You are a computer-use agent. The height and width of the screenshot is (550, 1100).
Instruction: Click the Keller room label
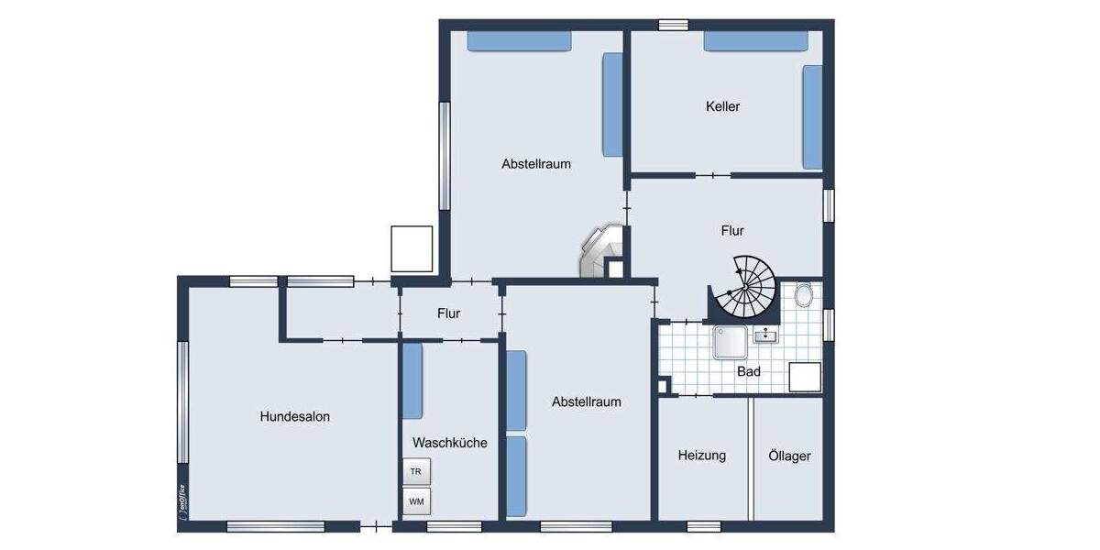point(722,106)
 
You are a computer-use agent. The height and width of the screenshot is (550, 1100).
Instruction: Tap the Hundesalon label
point(294,416)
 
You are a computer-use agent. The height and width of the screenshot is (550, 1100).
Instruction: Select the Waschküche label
point(449,443)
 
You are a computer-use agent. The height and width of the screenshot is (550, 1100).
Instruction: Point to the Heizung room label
point(701,455)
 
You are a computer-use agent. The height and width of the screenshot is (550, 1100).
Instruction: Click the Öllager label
point(789,456)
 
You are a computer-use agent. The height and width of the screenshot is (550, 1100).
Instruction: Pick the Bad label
point(749,372)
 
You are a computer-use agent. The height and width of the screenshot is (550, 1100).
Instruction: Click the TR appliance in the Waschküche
point(416,472)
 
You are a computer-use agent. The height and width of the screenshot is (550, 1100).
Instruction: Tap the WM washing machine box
point(416,501)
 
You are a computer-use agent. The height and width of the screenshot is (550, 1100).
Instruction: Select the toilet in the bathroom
point(804,295)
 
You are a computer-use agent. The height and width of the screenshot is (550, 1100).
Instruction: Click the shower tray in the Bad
point(731,343)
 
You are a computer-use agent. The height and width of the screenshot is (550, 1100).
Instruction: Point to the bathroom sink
point(765,335)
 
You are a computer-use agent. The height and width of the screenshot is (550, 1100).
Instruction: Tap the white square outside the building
point(411,248)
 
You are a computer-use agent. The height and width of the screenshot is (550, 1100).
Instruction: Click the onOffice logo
point(182,502)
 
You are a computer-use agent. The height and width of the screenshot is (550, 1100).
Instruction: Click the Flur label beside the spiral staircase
point(731,231)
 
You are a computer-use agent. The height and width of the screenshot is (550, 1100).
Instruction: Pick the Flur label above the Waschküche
point(448,313)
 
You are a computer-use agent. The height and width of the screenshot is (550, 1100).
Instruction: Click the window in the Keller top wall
point(673,25)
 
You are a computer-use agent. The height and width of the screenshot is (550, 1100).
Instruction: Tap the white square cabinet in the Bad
point(804,377)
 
